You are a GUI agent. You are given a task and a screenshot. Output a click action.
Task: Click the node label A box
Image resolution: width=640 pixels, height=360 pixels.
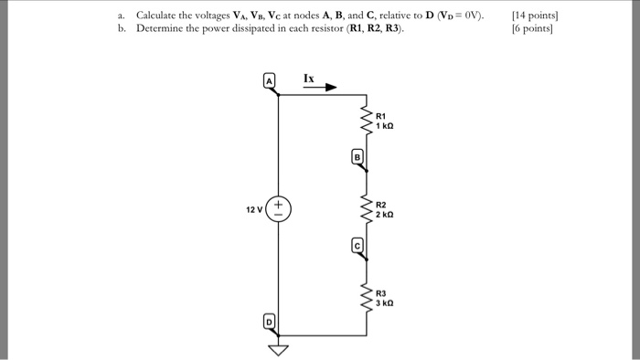[270, 80]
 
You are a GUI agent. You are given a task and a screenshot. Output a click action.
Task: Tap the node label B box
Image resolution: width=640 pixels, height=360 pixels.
[357, 156]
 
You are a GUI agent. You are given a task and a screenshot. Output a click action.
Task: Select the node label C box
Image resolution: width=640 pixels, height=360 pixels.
[357, 244]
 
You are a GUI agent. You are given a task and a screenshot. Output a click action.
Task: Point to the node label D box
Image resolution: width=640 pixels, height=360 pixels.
[269, 322]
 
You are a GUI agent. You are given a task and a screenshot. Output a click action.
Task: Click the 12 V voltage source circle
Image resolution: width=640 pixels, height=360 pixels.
[279, 209]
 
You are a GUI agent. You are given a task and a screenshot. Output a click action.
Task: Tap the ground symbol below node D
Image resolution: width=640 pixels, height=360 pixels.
[279, 348]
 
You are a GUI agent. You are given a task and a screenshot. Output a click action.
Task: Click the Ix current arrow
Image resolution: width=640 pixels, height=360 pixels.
[319, 89]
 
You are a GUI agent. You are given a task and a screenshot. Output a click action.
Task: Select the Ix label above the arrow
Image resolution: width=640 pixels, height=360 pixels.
[309, 79]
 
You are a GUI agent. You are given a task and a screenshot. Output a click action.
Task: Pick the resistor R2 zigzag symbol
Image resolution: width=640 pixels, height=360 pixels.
[369, 209]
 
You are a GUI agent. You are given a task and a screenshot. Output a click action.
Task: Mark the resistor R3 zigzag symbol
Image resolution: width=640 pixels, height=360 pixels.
[369, 298]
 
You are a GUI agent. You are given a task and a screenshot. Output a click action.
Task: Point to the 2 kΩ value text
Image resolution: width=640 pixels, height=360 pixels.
[385, 215]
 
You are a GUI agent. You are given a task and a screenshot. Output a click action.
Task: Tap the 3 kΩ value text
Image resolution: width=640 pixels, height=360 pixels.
[385, 302]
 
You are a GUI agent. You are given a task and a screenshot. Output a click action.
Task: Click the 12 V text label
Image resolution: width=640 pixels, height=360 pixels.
[253, 210]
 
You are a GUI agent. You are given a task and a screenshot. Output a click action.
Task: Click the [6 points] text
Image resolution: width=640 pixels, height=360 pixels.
[533, 28]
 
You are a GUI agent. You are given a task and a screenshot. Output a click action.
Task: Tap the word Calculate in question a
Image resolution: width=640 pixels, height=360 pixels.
[160, 16]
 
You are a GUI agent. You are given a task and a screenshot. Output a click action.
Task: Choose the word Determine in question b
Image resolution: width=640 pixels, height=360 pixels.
[163, 28]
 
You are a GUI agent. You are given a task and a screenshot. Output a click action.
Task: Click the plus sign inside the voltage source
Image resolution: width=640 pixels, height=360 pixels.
[279, 204]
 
